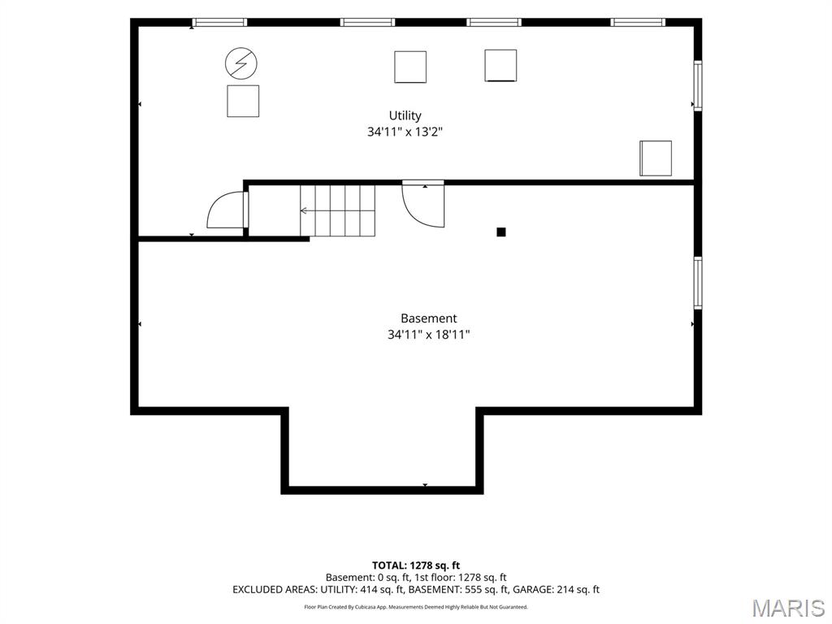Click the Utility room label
[x=405, y=115]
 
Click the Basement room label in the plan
[x=429, y=318]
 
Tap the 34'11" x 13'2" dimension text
[x=405, y=132]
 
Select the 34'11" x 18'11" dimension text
[x=429, y=335]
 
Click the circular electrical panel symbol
[x=241, y=63]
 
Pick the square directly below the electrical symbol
[x=243, y=101]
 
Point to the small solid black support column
[x=500, y=232]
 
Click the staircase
[x=337, y=210]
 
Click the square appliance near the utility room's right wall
[x=656, y=158]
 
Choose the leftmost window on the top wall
[x=219, y=22]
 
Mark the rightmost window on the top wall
[x=638, y=22]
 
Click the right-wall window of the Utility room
[x=698, y=85]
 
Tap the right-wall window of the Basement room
[x=698, y=283]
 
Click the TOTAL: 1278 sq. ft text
[x=416, y=565]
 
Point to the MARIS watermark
[x=788, y=608]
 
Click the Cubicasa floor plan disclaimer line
[x=416, y=607]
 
